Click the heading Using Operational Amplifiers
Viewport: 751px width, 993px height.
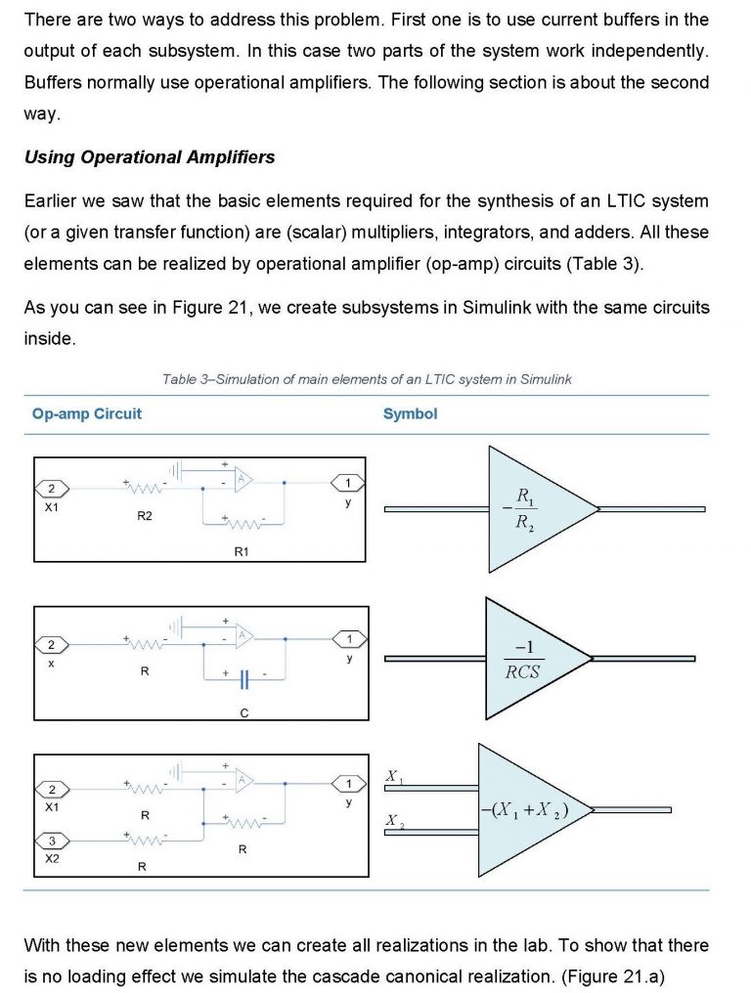(149, 157)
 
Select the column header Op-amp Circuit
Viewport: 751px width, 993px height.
(86, 413)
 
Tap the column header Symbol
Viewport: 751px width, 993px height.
(410, 413)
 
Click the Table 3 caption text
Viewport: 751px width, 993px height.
(367, 379)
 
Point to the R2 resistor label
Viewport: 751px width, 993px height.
(144, 516)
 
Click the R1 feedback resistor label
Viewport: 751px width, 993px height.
(242, 551)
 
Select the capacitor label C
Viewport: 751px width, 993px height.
(243, 713)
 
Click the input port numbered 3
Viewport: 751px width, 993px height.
(52, 841)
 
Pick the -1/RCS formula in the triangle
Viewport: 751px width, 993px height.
(522, 660)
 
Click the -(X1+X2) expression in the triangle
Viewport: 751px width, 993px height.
(524, 810)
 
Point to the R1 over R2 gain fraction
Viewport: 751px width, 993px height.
(525, 509)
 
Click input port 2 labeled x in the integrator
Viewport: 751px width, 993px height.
(52, 644)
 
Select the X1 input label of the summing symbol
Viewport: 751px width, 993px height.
(394, 777)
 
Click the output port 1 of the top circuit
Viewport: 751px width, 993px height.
(347, 483)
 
